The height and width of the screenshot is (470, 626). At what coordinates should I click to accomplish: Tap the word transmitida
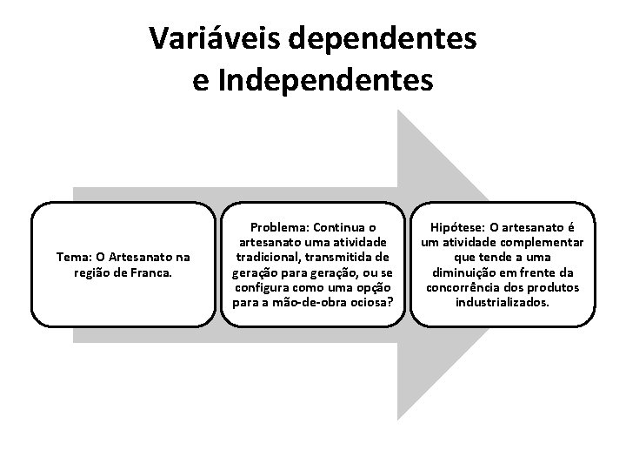point(347,258)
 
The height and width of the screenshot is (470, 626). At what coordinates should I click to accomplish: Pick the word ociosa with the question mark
point(369,302)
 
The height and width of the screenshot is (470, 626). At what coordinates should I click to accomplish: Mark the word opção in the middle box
point(370,287)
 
